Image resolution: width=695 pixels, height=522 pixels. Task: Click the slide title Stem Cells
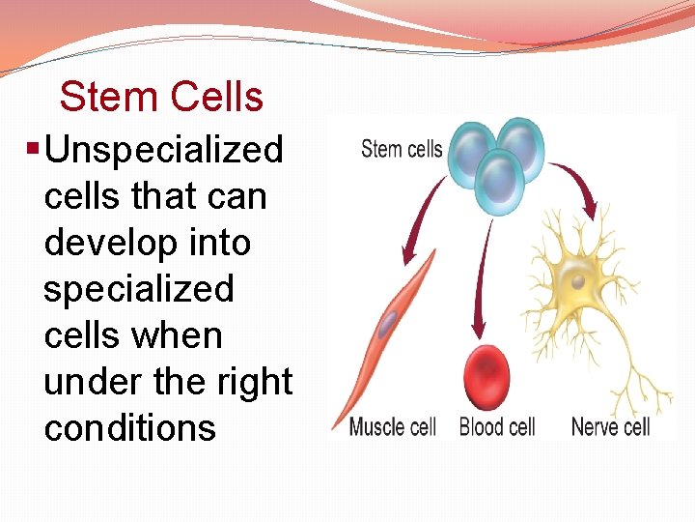coord(161,97)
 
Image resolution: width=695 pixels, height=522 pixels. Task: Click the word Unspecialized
coord(163,150)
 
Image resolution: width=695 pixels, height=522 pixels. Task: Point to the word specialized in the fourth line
coord(139,289)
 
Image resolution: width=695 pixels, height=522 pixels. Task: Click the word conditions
coord(130,428)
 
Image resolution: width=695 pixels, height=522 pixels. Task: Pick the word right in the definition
coord(257,382)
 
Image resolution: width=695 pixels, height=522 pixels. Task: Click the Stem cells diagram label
coord(402,149)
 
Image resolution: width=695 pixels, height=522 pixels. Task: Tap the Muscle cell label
coord(393,426)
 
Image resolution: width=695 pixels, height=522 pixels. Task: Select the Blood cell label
coord(497,426)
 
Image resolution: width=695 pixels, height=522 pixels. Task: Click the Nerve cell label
coord(611,426)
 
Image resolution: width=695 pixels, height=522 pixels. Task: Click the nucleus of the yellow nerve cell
coord(576,281)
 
